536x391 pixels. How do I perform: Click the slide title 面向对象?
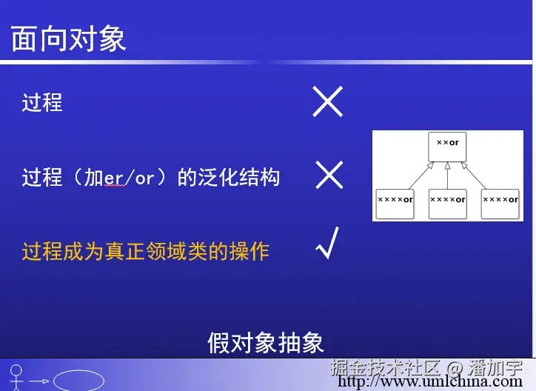pos(68,39)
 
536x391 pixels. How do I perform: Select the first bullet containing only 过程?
pos(42,102)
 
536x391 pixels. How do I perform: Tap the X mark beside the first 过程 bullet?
pos(327,101)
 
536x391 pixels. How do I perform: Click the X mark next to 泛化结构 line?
pos(329,176)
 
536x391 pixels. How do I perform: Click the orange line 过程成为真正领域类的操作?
pos(145,252)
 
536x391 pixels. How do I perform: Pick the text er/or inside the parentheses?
pos(127,178)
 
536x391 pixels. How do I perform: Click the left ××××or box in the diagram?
pos(395,202)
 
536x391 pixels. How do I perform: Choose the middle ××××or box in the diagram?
pos(447,202)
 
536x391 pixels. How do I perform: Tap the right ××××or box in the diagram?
pos(500,202)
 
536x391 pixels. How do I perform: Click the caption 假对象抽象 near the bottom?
pos(265,343)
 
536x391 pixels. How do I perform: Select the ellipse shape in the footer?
pos(78,381)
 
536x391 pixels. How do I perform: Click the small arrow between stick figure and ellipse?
pos(39,381)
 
